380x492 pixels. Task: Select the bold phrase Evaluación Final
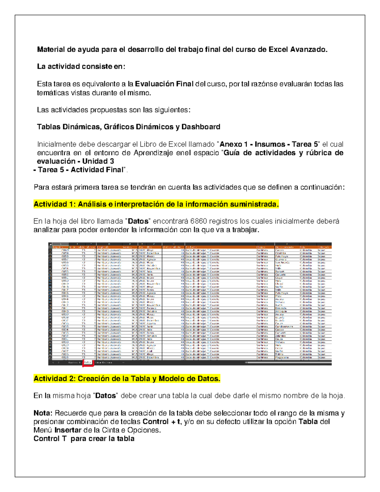164,84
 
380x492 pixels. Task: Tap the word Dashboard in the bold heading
201,127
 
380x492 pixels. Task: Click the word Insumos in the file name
270,144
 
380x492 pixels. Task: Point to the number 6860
199,221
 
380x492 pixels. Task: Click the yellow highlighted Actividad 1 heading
156,204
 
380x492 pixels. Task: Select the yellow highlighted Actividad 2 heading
127,379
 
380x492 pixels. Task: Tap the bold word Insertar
68,430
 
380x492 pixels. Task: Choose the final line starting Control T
84,439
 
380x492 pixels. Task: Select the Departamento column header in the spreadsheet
284,247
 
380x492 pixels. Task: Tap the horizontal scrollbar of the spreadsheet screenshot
285,362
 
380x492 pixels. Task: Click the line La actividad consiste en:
81,67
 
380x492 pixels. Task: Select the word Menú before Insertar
43,430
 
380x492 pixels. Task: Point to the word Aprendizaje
153,153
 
